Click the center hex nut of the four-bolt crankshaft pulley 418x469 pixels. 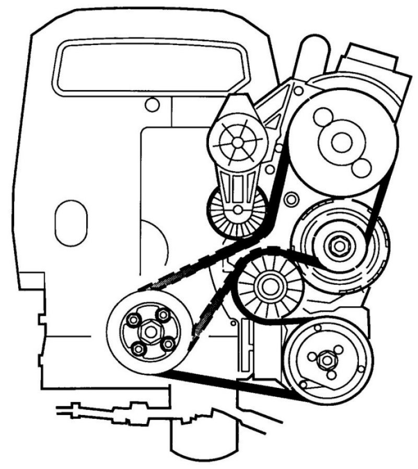coord(150,331)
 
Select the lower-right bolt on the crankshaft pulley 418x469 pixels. coord(168,344)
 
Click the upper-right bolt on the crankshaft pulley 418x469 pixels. coord(163,314)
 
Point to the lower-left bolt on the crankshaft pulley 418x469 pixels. coord(138,349)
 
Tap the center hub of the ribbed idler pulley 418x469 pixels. coord(270,285)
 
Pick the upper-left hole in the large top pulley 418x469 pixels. coord(322,115)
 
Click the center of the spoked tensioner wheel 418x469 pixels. coord(237,141)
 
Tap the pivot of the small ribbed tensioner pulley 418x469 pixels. coord(238,210)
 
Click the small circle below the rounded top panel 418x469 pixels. coord(152,105)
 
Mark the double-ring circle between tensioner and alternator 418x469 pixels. coord(291,199)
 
